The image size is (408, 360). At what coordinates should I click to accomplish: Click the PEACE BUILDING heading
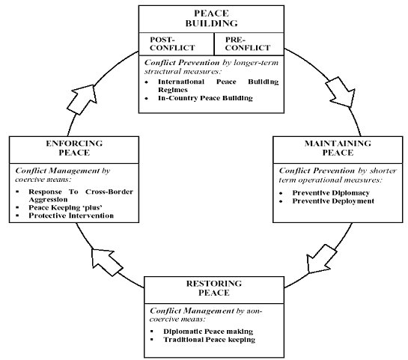pyautogui.click(x=211, y=18)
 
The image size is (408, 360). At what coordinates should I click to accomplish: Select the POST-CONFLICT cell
pyautogui.click(x=177, y=44)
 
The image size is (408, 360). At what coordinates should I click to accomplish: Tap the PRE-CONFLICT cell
pyautogui.click(x=249, y=44)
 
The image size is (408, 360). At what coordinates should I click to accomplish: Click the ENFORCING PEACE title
pyautogui.click(x=74, y=147)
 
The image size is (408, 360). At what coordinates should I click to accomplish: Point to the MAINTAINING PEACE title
pyautogui.click(x=338, y=147)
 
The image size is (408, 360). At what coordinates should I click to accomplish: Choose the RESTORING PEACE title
pyautogui.click(x=214, y=288)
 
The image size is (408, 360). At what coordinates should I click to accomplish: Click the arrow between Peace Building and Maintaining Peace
pyautogui.click(x=341, y=92)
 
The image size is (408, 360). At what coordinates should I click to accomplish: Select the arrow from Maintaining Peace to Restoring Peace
pyautogui.click(x=320, y=259)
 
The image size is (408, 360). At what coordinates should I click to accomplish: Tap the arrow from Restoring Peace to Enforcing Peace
pyautogui.click(x=106, y=262)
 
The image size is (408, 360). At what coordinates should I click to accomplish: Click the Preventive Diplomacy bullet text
pyautogui.click(x=331, y=193)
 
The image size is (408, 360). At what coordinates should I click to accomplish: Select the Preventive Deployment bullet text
pyautogui.click(x=333, y=201)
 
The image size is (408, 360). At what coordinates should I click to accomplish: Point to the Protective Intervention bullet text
pyautogui.click(x=71, y=216)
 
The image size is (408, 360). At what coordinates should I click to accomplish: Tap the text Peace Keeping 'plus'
pyautogui.click(x=65, y=207)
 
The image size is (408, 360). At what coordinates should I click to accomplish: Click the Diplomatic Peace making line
pyautogui.click(x=208, y=332)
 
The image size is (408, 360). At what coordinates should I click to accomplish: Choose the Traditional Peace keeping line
pyautogui.click(x=209, y=340)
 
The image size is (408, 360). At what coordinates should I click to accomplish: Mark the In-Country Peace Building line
pyautogui.click(x=205, y=98)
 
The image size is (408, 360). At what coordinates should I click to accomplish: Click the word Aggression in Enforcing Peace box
pyautogui.click(x=48, y=200)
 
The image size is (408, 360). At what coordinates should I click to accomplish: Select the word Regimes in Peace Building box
pyautogui.click(x=173, y=90)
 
